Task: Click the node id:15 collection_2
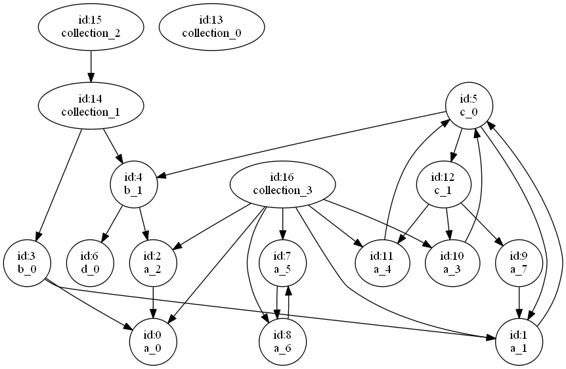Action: (90, 26)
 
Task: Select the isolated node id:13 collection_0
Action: (211, 26)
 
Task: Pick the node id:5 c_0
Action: (468, 105)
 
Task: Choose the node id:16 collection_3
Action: (282, 184)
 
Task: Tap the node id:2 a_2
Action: (154, 262)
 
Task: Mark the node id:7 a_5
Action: (282, 262)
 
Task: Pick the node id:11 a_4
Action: (382, 262)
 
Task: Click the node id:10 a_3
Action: (452, 262)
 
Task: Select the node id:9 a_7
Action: (519, 262)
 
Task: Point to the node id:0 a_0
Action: (154, 341)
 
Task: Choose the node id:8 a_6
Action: (282, 341)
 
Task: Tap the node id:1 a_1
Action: (519, 341)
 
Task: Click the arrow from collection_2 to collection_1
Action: (90, 66)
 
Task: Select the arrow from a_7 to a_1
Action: (519, 301)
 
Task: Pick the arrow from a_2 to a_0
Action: (154, 301)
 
